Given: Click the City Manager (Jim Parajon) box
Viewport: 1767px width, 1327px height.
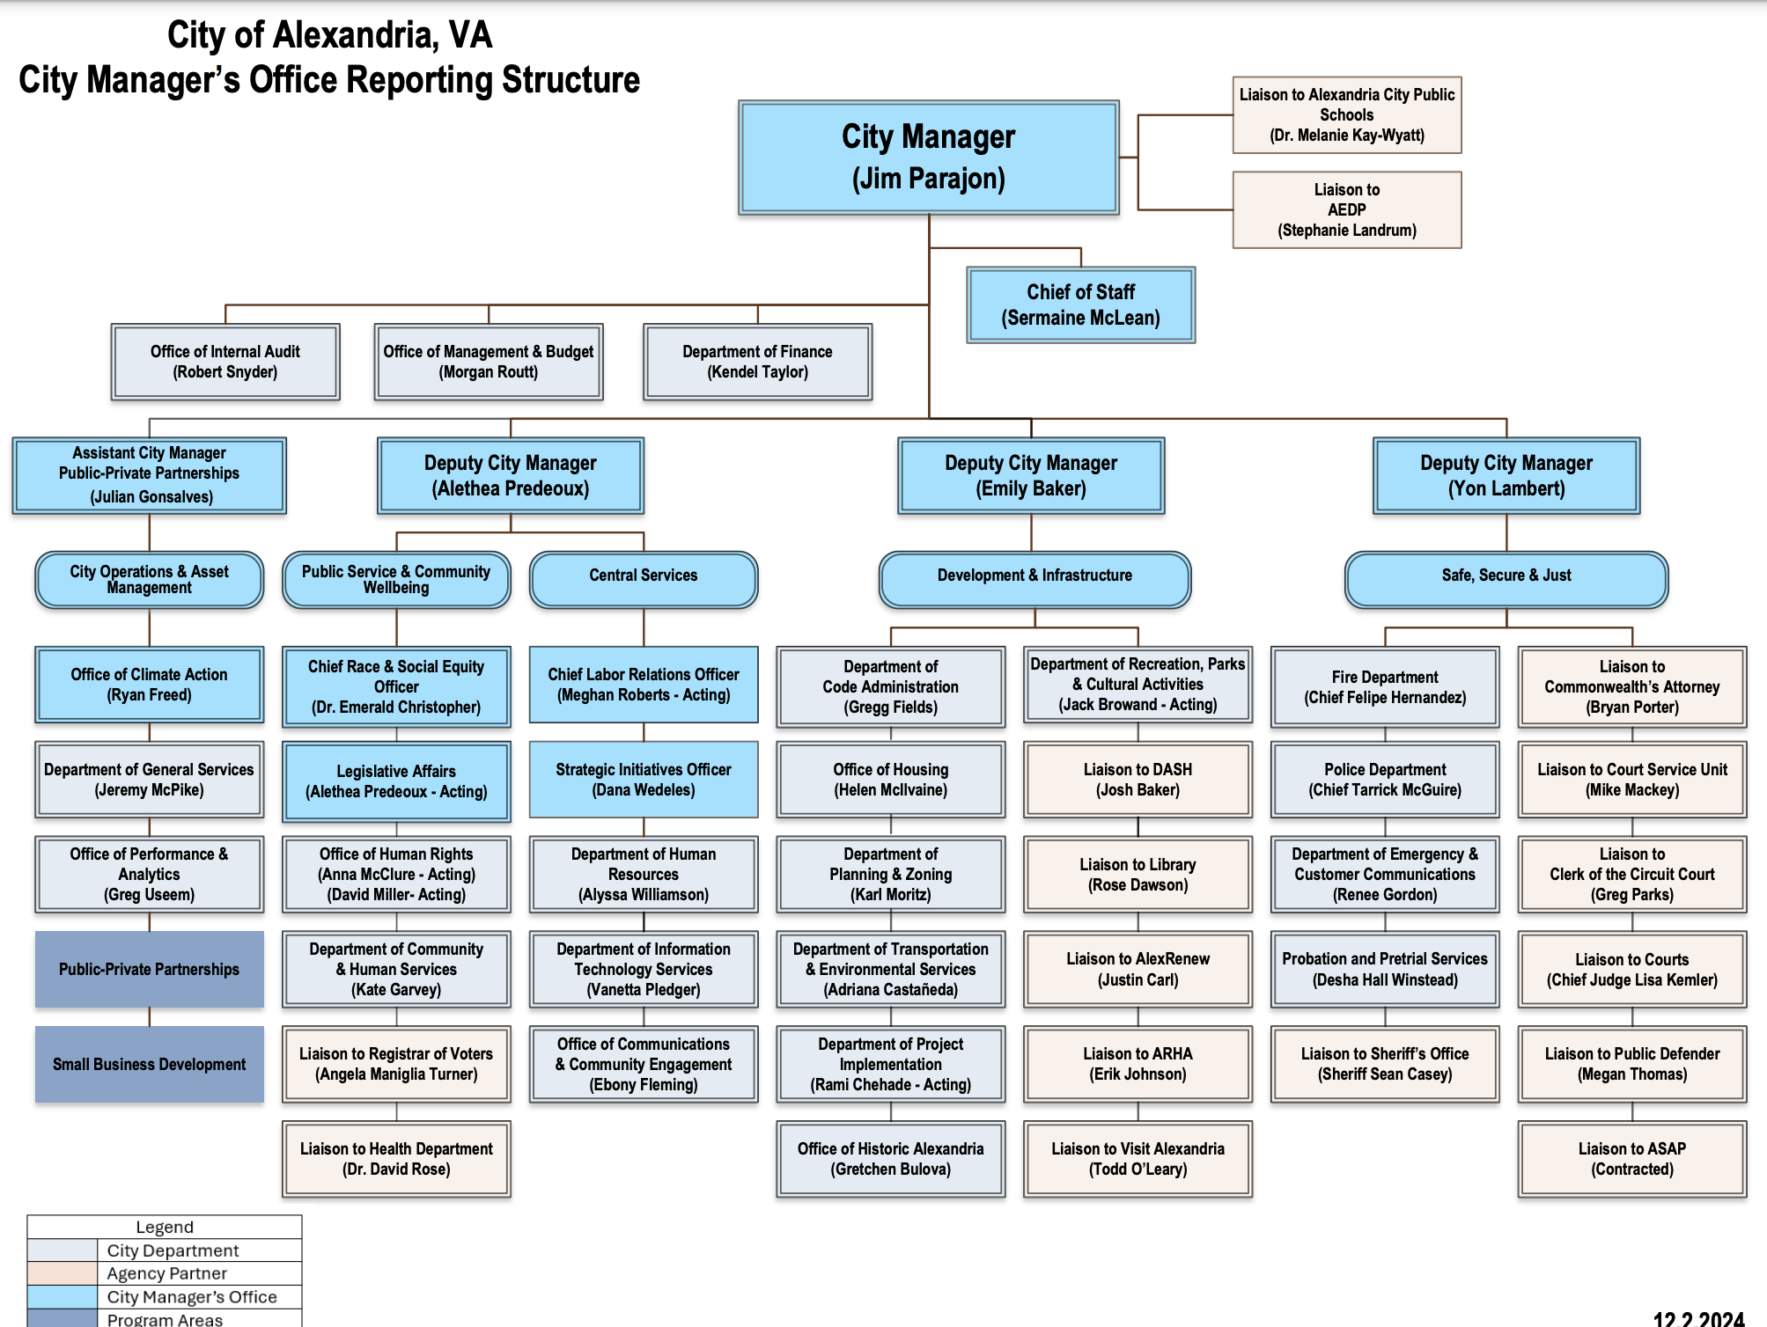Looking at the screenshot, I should tap(928, 158).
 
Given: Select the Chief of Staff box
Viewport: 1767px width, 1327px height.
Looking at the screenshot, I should tap(1080, 304).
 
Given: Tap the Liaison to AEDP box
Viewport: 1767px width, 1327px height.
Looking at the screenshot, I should tap(1346, 210).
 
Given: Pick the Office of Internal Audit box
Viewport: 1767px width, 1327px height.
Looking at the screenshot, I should tap(225, 362).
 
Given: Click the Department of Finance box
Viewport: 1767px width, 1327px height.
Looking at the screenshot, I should tap(757, 362).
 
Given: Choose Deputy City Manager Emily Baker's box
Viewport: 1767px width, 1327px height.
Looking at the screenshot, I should tap(1031, 475).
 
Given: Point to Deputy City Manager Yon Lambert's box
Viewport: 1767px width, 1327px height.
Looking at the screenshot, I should tap(1506, 475).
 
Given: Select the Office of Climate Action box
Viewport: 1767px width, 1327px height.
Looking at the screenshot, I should tap(149, 685).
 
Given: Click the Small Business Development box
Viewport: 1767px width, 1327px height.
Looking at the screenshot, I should tap(149, 1064).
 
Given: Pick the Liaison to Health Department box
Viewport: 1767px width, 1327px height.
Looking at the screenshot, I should tap(396, 1159).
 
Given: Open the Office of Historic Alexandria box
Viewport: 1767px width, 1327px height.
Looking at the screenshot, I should tap(890, 1159).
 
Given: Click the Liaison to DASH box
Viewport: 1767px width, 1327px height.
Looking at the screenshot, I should tap(1138, 780).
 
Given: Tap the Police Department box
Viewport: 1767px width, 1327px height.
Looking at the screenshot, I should tap(1385, 780).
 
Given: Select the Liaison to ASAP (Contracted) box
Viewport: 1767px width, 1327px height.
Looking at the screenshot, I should tap(1631, 1159).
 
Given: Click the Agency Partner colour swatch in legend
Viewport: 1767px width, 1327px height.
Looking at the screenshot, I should tap(63, 1273).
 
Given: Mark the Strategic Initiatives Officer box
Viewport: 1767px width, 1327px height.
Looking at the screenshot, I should tap(643, 780).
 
